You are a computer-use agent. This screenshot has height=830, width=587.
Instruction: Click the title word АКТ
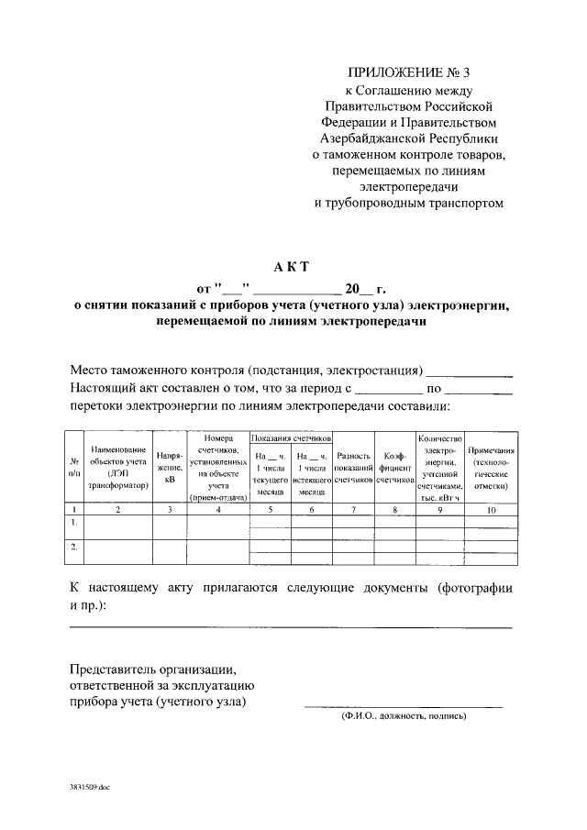pos(293,267)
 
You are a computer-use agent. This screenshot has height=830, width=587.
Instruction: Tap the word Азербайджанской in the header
pos(372,138)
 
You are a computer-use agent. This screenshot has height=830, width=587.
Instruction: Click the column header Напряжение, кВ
pos(170,466)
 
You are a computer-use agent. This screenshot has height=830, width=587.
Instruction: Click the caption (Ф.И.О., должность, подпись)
pos(404,715)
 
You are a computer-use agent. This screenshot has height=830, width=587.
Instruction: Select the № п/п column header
pos(74,466)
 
